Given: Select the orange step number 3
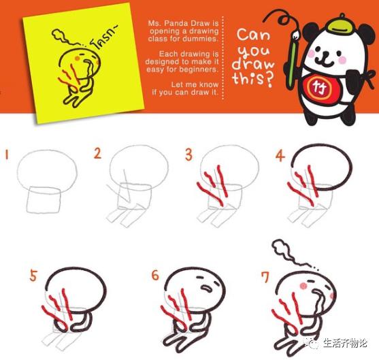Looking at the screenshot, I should coord(188,154).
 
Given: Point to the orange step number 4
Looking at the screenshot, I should coord(279,155).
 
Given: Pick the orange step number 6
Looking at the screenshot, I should coord(155,276).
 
